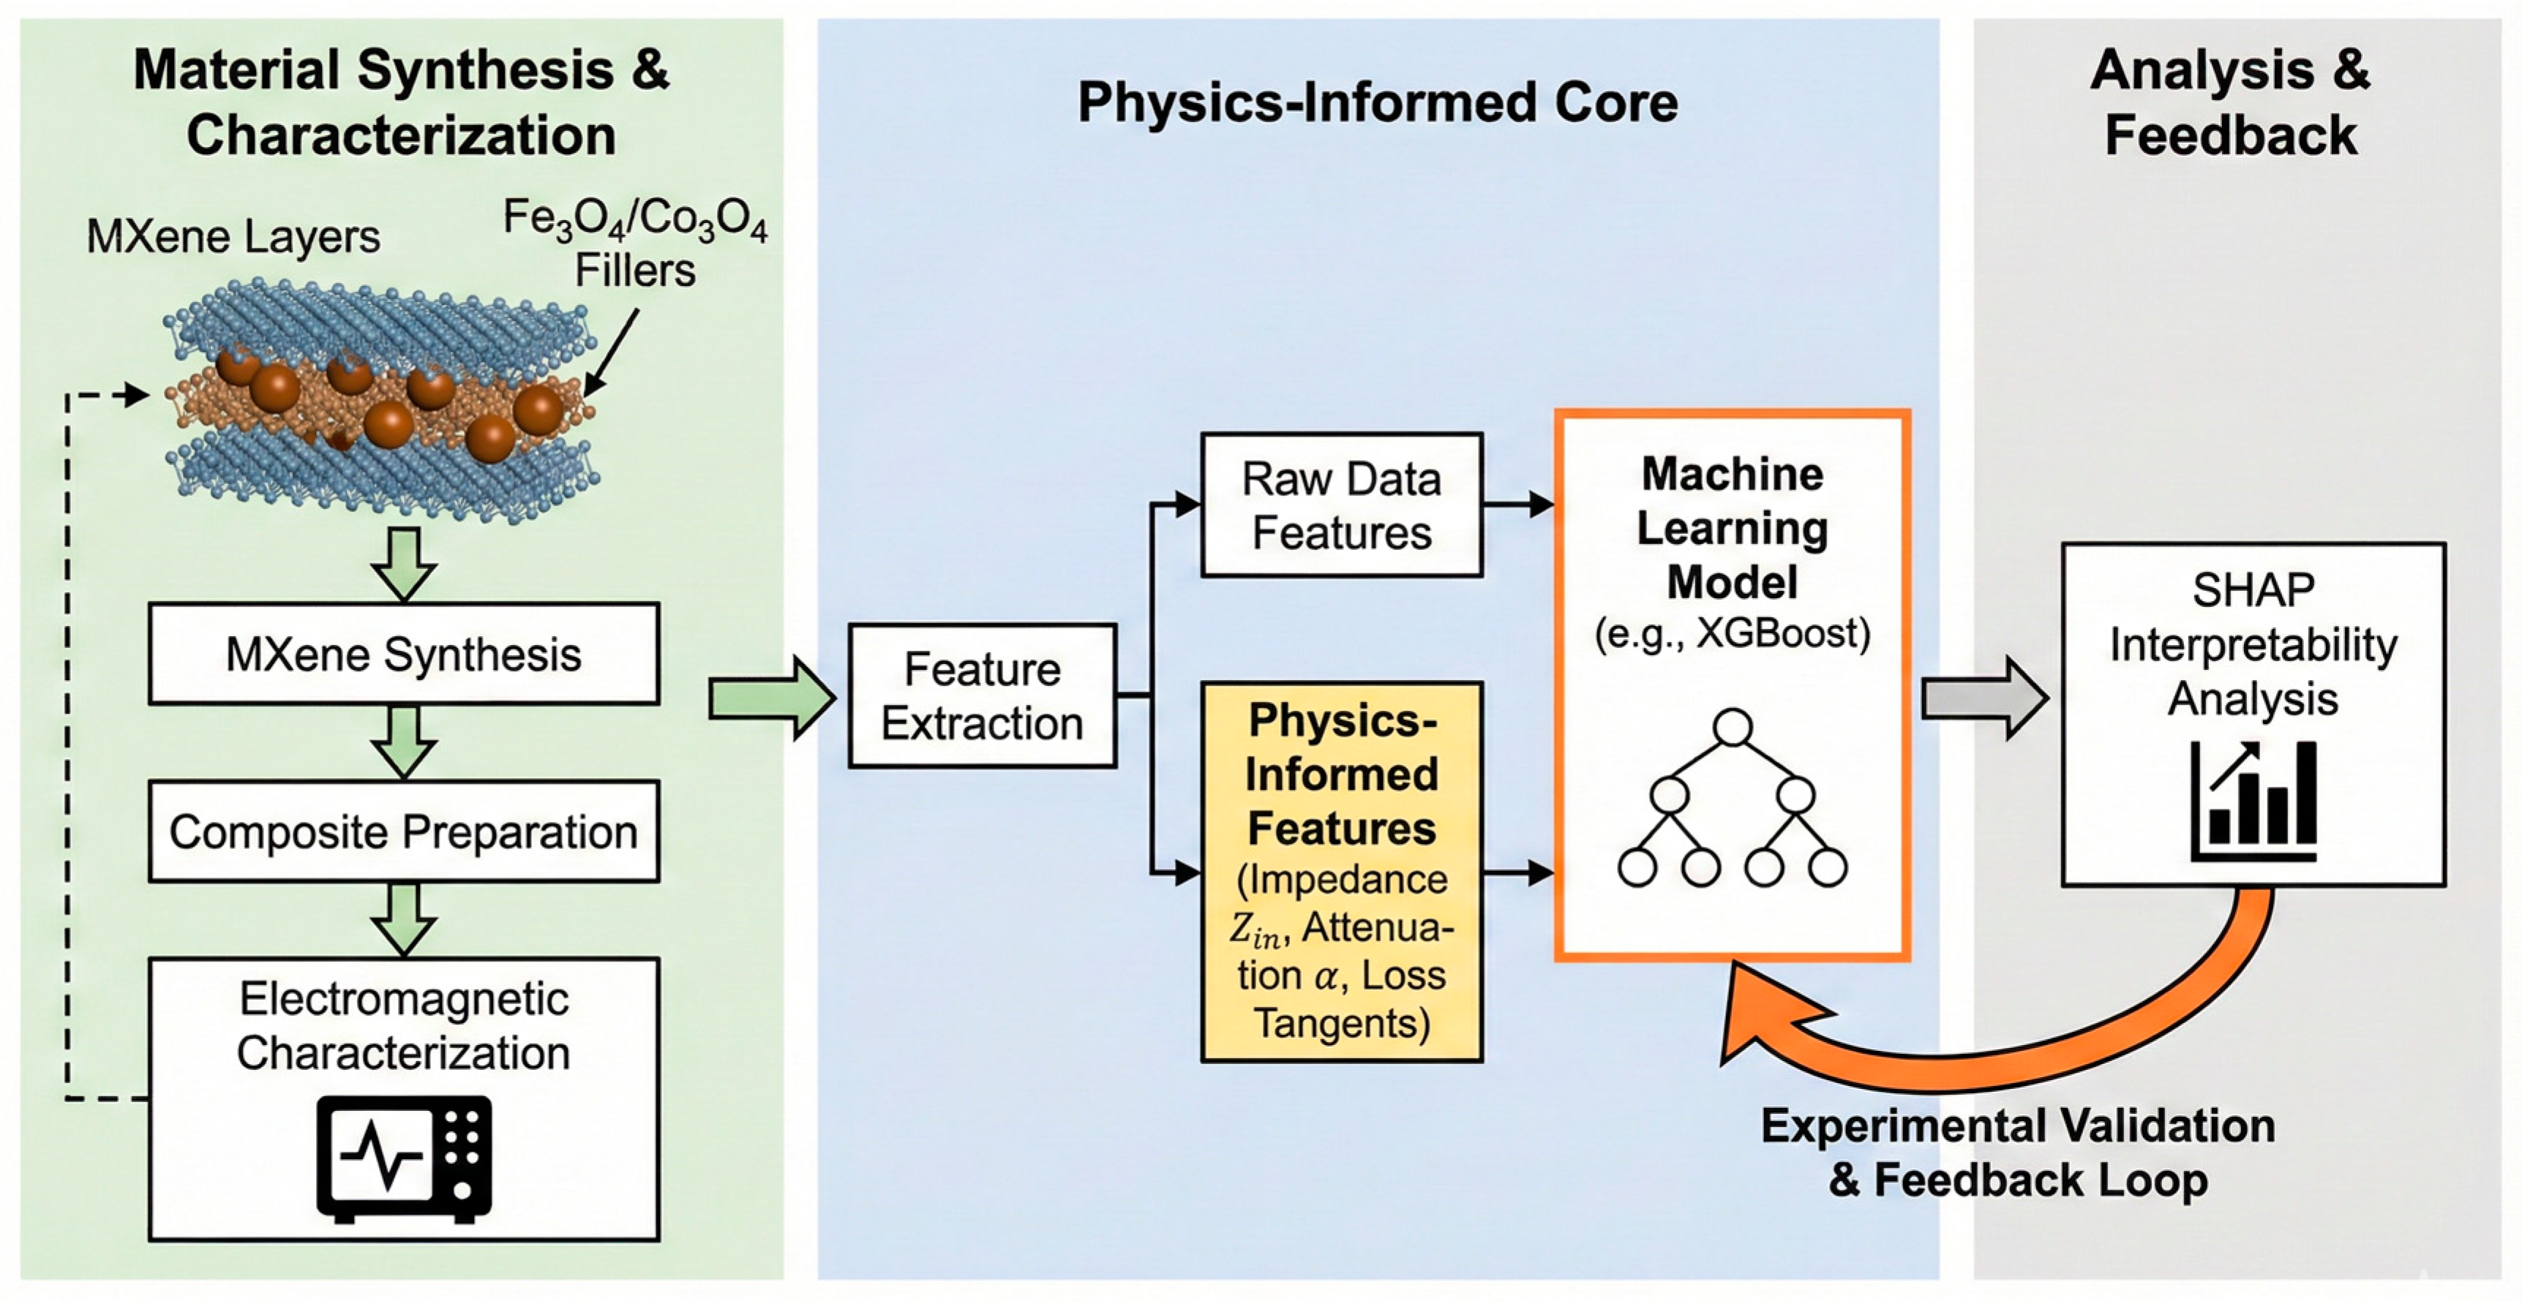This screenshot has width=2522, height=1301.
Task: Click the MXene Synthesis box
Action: click(403, 654)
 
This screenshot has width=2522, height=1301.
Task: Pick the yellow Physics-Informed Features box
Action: click(1341, 871)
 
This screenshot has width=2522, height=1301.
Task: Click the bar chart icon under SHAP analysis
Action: click(2253, 801)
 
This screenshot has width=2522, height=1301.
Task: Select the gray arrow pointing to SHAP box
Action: click(1984, 698)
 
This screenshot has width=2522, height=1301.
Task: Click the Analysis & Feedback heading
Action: click(2230, 103)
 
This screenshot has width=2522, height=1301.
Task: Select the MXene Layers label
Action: click(233, 237)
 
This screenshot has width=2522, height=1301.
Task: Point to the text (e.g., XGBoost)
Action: click(1732, 634)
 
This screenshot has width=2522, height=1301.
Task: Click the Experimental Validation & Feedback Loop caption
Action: click(2017, 1153)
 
